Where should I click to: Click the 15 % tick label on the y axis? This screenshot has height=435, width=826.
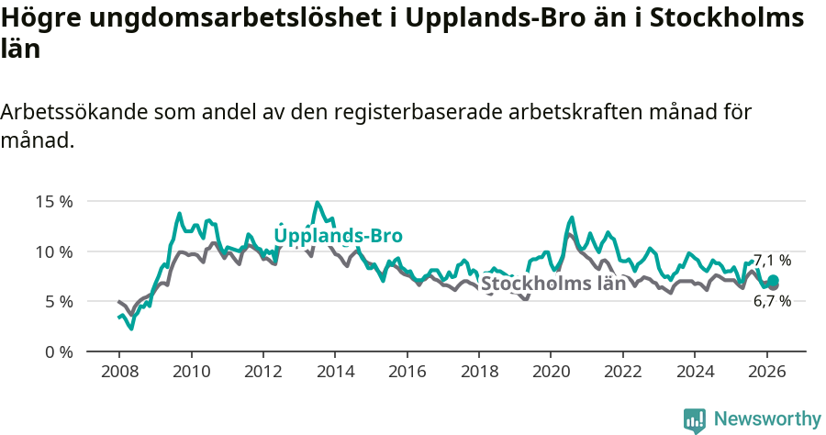[53, 201]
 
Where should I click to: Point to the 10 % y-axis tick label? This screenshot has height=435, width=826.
[53, 251]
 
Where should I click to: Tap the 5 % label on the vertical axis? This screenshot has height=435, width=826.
[58, 301]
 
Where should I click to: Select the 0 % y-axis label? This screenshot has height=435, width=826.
[58, 351]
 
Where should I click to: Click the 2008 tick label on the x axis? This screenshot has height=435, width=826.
[118, 371]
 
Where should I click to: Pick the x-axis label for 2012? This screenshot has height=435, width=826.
[262, 371]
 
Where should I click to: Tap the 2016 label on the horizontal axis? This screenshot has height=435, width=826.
[407, 371]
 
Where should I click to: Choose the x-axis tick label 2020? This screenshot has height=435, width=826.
[551, 371]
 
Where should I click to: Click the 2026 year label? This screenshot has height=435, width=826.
[766, 371]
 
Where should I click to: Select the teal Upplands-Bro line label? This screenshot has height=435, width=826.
[338, 236]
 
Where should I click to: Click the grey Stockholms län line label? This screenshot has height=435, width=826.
[553, 284]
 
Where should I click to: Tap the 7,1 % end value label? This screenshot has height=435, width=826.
[772, 261]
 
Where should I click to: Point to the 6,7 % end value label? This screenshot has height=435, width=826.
[772, 301]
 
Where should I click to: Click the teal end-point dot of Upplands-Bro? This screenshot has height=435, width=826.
[773, 280]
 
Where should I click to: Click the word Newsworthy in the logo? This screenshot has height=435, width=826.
[767, 419]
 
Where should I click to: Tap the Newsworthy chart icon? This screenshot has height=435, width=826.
[695, 420]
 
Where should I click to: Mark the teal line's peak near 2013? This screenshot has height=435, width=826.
[318, 202]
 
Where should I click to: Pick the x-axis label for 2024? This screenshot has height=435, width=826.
[695, 371]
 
